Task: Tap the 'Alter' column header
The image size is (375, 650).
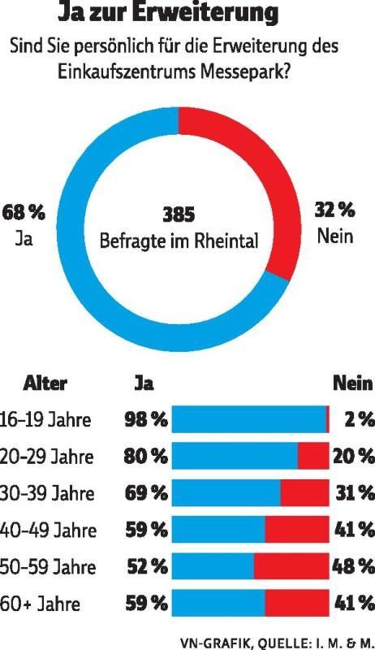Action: [45, 383]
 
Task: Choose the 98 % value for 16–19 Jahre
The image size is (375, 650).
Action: [146, 420]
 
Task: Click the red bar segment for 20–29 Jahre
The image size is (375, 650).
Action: [313, 456]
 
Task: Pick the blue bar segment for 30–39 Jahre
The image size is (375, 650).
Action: [227, 493]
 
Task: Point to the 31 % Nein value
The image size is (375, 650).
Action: [354, 493]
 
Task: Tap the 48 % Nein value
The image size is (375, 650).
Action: [354, 566]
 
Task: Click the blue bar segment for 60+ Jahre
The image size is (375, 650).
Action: [219, 604]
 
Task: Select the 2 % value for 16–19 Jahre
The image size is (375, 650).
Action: [358, 420]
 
